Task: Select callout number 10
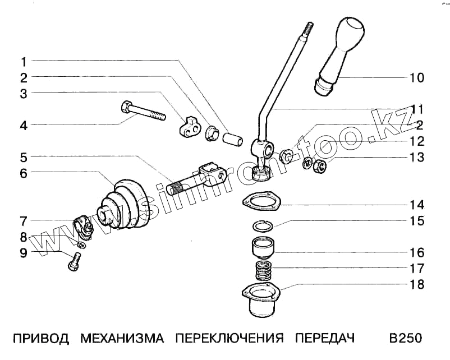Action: pyautogui.click(x=417, y=77)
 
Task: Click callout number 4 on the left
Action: pyautogui.click(x=24, y=126)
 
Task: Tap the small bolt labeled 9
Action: pyautogui.click(x=75, y=261)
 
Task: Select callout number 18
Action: pyautogui.click(x=417, y=285)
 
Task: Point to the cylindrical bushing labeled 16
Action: pyautogui.click(x=261, y=248)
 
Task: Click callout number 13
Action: pyautogui.click(x=417, y=158)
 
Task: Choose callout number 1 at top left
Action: pyautogui.click(x=24, y=60)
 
